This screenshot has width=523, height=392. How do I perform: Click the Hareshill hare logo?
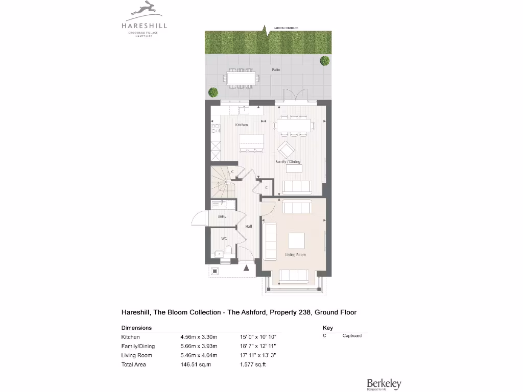144,9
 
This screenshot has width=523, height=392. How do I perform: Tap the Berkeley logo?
384,384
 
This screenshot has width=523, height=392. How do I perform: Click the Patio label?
276,70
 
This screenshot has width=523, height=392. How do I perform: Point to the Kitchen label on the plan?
242,125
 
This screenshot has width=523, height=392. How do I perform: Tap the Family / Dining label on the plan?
288,161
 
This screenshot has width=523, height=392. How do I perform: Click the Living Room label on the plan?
295,254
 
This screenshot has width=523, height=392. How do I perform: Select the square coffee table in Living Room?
296,240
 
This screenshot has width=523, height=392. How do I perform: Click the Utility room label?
222,217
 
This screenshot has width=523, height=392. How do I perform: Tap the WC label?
224,238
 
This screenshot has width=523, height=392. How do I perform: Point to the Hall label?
248,226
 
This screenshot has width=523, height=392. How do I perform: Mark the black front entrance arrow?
247,267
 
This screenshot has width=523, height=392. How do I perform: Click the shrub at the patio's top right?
324,61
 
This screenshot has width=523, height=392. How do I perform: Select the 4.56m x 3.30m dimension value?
199,337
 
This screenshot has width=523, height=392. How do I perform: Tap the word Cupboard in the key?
352,335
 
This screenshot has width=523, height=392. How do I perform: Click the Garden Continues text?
286,28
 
